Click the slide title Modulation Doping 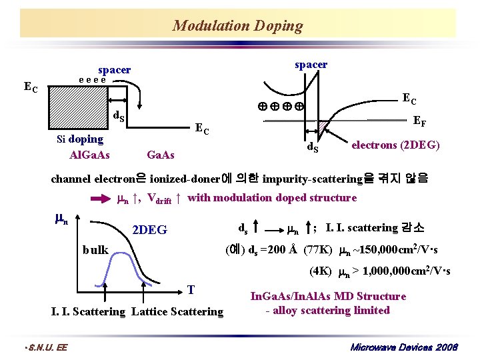(x=237, y=26)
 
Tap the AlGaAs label (x=89, y=155)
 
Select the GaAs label (x=160, y=155)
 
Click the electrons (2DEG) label (x=395, y=144)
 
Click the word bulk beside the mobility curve (x=95, y=250)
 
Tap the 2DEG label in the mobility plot (x=150, y=230)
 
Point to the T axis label (x=191, y=289)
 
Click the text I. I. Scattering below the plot (x=88, y=311)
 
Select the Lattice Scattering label (x=178, y=311)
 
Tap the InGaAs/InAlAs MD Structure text (x=327, y=296)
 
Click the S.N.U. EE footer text (x=45, y=347)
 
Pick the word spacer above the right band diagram (x=311, y=65)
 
